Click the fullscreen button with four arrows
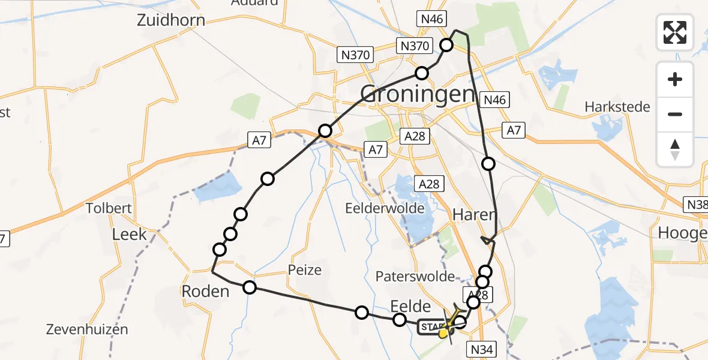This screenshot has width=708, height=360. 675,32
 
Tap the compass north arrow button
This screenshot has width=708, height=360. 675,149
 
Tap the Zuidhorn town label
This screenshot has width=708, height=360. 170,20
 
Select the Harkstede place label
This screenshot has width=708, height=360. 617,107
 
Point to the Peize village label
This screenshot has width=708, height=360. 305,270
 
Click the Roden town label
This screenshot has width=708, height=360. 206,292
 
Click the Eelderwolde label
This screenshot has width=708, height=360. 385,209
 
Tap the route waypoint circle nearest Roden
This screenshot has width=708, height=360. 250,288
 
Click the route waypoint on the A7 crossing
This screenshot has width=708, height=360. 325,130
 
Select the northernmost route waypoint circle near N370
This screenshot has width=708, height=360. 447,44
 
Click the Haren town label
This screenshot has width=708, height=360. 475,214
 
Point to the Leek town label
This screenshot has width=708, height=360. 130,234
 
